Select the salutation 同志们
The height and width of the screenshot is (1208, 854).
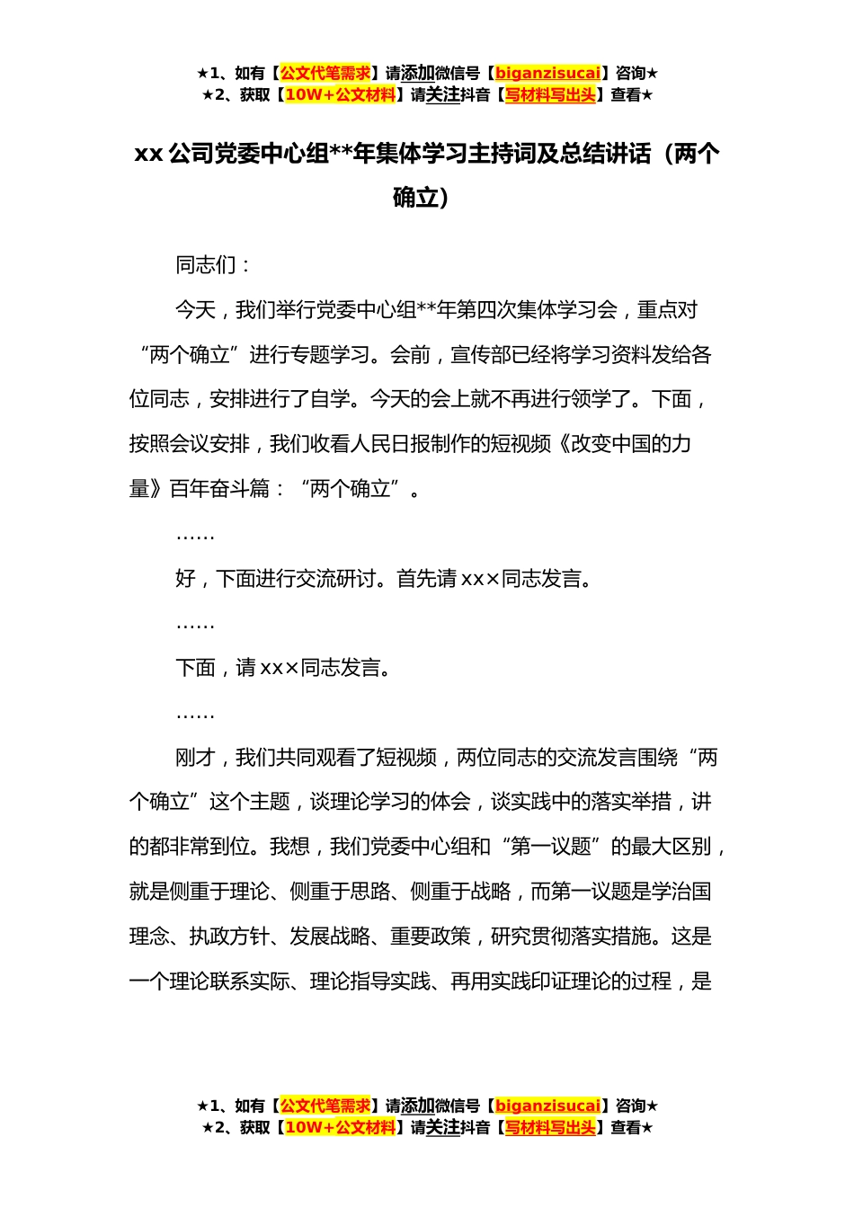[206, 265]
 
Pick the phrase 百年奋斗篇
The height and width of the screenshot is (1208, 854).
[219, 489]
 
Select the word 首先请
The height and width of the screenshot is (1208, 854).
[426, 579]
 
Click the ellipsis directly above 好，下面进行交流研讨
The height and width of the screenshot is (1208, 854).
[195, 536]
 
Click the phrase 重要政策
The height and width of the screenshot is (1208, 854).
[431, 937]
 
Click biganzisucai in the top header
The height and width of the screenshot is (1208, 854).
[547, 74]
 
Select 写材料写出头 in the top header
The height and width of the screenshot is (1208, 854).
[551, 95]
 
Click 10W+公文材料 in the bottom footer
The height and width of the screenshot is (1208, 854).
[340, 1128]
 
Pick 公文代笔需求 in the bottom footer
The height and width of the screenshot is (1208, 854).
[325, 1106]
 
